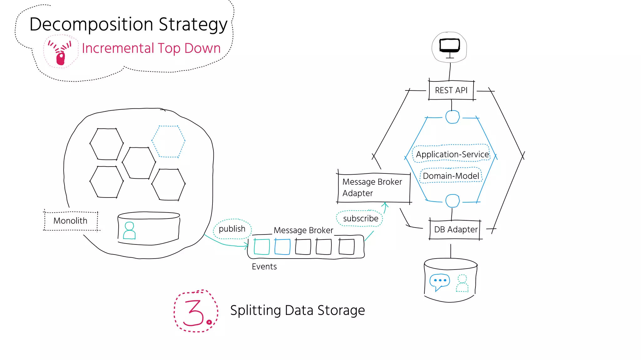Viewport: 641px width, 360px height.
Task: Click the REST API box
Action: (x=451, y=90)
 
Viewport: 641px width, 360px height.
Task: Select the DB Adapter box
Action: (x=455, y=230)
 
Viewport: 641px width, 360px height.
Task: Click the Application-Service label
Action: (x=452, y=154)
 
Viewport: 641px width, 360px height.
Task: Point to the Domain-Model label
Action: (x=451, y=176)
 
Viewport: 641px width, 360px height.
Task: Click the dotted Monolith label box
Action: (x=70, y=221)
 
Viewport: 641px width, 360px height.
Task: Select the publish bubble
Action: (x=232, y=229)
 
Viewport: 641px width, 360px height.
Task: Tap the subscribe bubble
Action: (x=360, y=219)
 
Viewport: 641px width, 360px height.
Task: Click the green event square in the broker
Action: (x=262, y=247)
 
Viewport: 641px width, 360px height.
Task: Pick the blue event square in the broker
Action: (x=282, y=247)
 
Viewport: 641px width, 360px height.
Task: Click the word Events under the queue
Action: (x=264, y=267)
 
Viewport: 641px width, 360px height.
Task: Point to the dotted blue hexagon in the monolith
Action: (x=168, y=141)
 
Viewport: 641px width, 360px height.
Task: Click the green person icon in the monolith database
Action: (x=129, y=231)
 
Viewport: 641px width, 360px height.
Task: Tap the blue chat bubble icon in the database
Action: (x=439, y=281)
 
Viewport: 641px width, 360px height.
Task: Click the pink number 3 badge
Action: (x=196, y=311)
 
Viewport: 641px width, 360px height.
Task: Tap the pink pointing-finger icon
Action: (x=60, y=54)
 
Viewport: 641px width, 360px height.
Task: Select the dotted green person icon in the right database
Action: (x=462, y=283)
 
